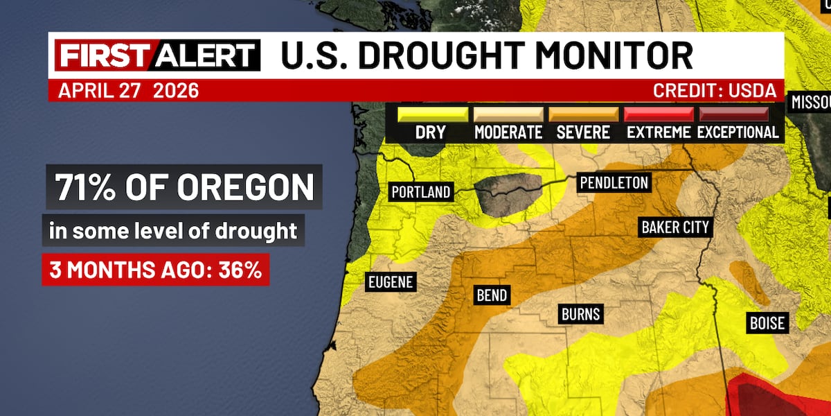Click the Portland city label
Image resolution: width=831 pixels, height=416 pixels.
point(421,192)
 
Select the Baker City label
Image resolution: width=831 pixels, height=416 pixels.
point(675,227)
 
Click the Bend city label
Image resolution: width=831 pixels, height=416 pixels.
point(492,295)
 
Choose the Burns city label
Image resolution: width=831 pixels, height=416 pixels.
point(580,314)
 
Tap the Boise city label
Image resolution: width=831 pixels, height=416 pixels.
point(767,322)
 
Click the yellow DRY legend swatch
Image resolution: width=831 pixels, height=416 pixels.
point(430,114)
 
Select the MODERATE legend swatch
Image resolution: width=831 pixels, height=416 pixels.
point(508,114)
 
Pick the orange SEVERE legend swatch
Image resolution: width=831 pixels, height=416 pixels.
point(583,114)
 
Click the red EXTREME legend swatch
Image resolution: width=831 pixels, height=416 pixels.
point(659,114)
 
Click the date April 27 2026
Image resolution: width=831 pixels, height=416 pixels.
point(128,91)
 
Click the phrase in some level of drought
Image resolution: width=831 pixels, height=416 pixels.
point(173,230)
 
